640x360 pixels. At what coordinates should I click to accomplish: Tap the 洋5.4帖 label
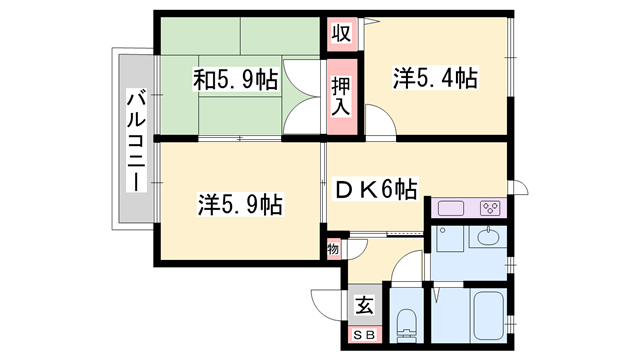tap(435, 78)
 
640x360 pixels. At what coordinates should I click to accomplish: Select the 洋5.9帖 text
tap(240, 206)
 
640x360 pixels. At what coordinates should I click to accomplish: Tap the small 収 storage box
tap(341, 33)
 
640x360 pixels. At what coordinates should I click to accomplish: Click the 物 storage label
tap(333, 246)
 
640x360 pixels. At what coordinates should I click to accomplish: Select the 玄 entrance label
tap(364, 306)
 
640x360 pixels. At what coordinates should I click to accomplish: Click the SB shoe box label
tap(364, 336)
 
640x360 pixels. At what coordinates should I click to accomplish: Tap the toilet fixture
tap(406, 322)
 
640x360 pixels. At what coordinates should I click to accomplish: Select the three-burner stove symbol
tap(491, 209)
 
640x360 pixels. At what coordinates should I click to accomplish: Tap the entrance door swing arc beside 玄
tap(328, 299)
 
